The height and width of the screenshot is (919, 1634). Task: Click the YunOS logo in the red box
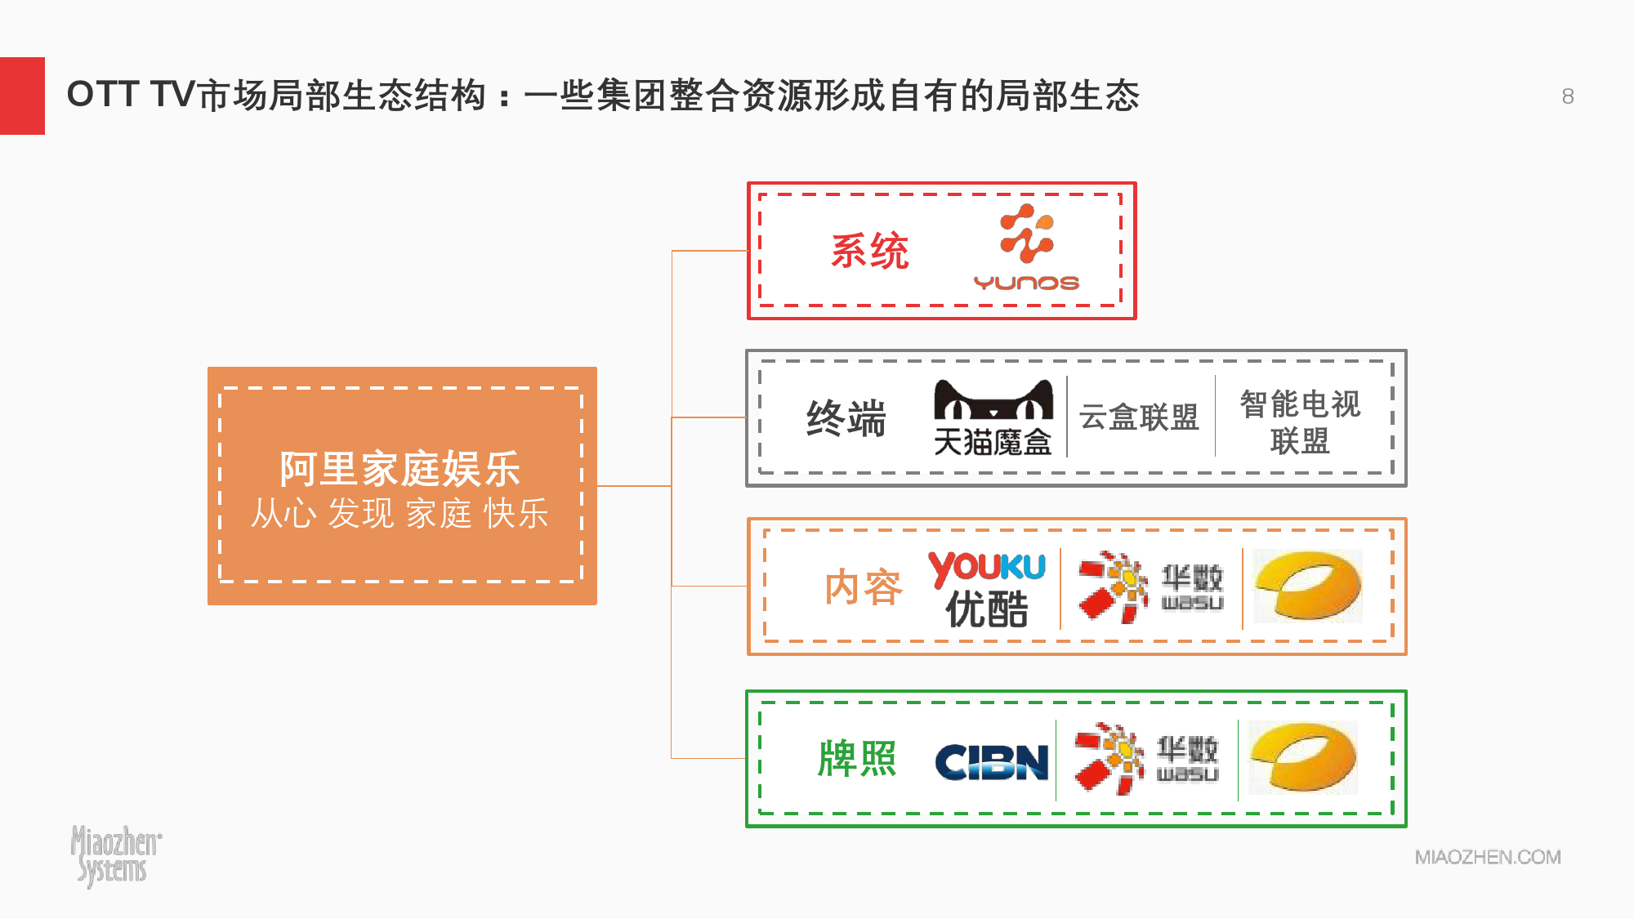[1026, 248]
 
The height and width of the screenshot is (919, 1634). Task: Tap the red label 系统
[869, 251]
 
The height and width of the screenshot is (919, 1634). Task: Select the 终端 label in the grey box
[846, 418]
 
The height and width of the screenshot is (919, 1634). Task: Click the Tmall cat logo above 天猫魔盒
[993, 399]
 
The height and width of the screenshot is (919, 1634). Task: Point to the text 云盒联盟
[1138, 417]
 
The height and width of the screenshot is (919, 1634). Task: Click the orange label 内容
[863, 587]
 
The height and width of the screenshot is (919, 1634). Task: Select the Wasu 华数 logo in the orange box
[1150, 587]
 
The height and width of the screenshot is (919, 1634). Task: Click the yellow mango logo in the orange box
[1308, 587]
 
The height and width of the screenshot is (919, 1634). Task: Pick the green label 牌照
[857, 759]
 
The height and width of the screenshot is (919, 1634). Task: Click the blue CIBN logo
[991, 761]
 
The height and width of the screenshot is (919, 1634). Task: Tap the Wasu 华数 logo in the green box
[1145, 759]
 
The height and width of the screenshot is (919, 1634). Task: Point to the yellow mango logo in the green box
[1303, 757]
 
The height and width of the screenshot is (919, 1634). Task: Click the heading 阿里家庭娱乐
[400, 469]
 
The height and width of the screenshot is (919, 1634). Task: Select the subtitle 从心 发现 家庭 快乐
[400, 514]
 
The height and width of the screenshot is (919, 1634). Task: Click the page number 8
[1568, 96]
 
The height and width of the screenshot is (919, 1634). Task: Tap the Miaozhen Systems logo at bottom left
[115, 854]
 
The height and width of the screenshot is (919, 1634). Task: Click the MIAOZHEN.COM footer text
[1488, 857]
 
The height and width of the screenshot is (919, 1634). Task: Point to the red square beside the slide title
[22, 96]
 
